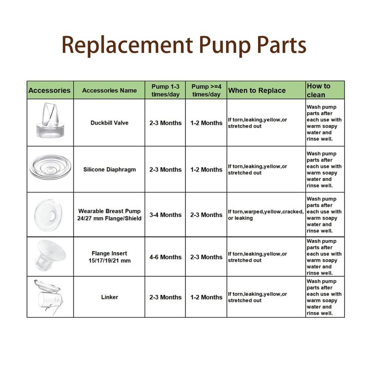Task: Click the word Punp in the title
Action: tap(225, 45)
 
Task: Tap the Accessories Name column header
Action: tap(109, 90)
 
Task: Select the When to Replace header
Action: tap(257, 90)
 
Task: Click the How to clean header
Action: tap(318, 90)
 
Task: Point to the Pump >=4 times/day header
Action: tap(206, 90)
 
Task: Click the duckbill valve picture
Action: tap(50, 120)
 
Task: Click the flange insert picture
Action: tap(51, 255)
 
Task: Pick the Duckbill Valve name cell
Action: tap(109, 123)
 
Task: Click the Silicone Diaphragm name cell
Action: tap(109, 170)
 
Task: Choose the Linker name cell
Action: tap(110, 297)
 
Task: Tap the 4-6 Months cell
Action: tap(166, 257)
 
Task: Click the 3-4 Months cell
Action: tap(166, 215)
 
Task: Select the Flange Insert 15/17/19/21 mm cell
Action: tap(109, 257)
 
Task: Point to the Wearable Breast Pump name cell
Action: tap(109, 214)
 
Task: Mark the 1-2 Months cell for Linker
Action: tap(206, 297)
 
